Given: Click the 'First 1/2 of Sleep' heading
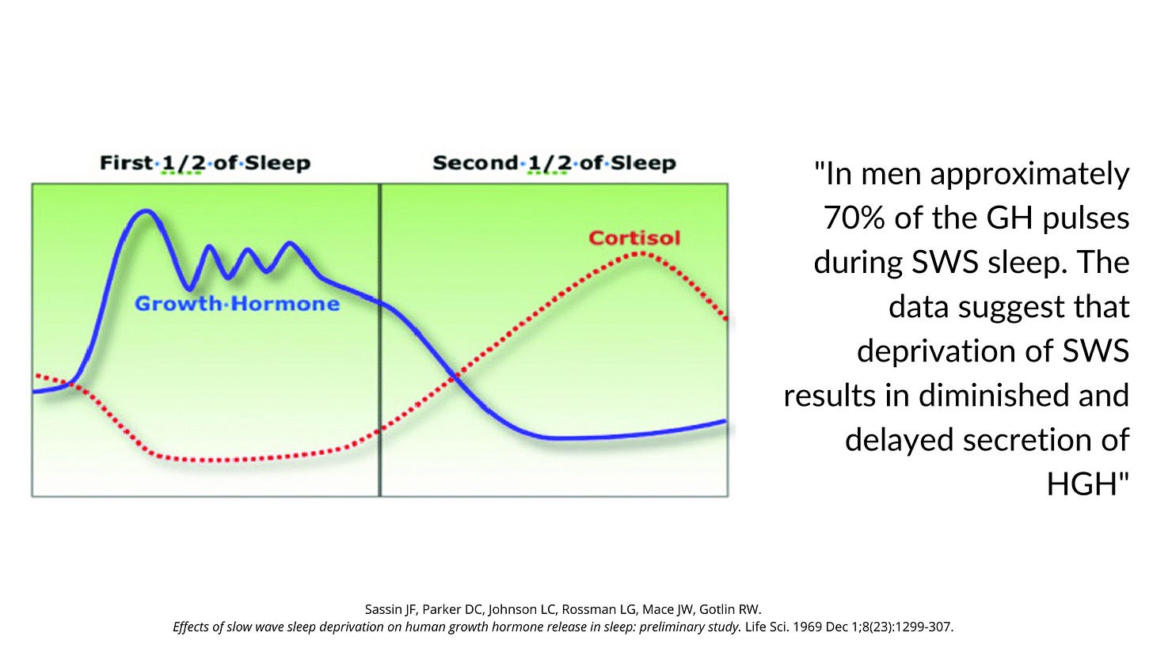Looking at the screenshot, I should tap(204, 164).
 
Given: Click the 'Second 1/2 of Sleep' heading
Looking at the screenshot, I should tap(554, 164).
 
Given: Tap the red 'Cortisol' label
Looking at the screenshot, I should tap(634, 237).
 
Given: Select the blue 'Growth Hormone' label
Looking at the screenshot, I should tap(237, 304).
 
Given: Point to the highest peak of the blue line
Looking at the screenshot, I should tap(145, 211).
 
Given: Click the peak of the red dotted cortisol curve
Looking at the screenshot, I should tap(638, 253).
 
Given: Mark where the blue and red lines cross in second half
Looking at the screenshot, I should tap(454, 377).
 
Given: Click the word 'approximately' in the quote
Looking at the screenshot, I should tap(1030, 174).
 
